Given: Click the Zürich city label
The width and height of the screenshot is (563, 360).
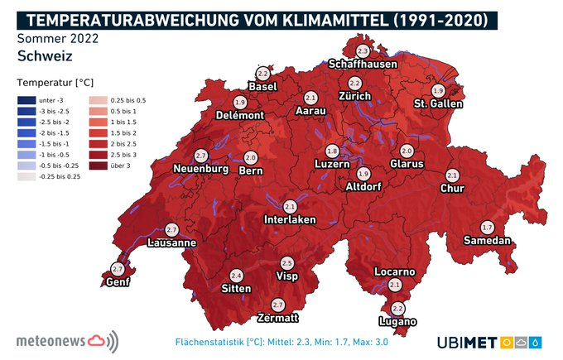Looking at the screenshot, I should point(354,97).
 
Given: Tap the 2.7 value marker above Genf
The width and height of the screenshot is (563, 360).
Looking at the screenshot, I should point(117,269).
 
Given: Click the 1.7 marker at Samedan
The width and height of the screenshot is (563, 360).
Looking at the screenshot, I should point(487,227).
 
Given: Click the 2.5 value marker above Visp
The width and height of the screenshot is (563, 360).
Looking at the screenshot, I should point(286,262).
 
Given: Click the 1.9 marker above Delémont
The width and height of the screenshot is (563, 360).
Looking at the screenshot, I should point(240,102).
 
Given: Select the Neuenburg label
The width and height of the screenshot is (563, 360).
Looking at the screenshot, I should point(200,169).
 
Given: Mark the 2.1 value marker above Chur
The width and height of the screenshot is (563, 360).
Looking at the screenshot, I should point(452,175).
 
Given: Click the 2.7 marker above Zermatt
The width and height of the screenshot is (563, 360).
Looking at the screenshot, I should point(277,305).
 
